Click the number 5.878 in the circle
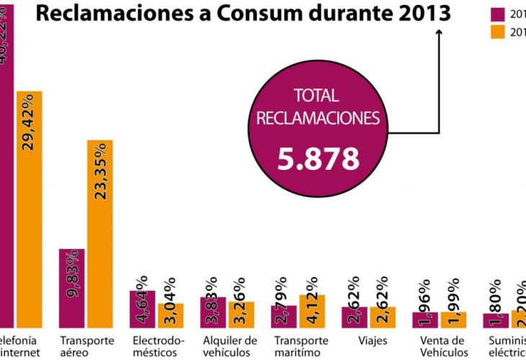pyautogui.click(x=318, y=158)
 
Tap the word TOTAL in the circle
pyautogui.click(x=318, y=95)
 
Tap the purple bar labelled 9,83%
pyautogui.click(x=71, y=288)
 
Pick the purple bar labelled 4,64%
pyautogui.click(x=142, y=309)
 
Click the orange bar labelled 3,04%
pyautogui.click(x=171, y=315)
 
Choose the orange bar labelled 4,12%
pyautogui.click(x=312, y=311)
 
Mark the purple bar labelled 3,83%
pyautogui.click(x=213, y=312)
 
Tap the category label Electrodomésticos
pyautogui.click(x=159, y=346)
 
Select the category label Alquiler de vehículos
pyautogui.click(x=230, y=346)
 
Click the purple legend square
pyautogui.click(x=497, y=14)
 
